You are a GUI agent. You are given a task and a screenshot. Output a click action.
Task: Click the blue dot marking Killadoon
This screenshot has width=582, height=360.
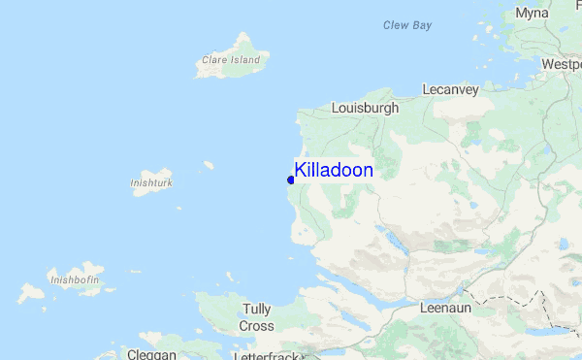click(x=291, y=180)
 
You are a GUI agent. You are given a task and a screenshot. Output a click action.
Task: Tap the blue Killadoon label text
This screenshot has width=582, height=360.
click(x=334, y=170)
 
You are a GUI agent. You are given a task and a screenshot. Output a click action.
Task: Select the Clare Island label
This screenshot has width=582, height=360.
click(x=231, y=60)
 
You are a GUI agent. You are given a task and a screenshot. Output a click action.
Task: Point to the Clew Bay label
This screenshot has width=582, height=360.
click(x=407, y=25)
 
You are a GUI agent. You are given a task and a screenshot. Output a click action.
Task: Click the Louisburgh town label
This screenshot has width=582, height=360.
click(x=365, y=109)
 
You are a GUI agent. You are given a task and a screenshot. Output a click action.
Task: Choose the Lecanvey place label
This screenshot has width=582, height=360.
click(x=450, y=89)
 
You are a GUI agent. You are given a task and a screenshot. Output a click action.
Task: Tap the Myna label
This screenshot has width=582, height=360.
click(x=532, y=14)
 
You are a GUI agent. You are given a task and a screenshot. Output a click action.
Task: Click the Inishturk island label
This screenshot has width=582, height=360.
click(x=150, y=181)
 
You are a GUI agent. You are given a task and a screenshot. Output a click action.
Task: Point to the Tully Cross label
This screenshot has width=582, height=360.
click(x=257, y=317)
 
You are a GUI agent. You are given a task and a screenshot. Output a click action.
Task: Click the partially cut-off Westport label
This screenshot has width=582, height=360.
click(x=562, y=64)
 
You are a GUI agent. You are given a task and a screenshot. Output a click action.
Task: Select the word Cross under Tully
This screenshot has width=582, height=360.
click(x=257, y=326)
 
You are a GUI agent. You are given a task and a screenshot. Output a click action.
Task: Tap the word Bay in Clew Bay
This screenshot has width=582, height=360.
click(x=421, y=25)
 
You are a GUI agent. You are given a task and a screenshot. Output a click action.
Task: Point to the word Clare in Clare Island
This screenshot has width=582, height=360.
click(x=212, y=60)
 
